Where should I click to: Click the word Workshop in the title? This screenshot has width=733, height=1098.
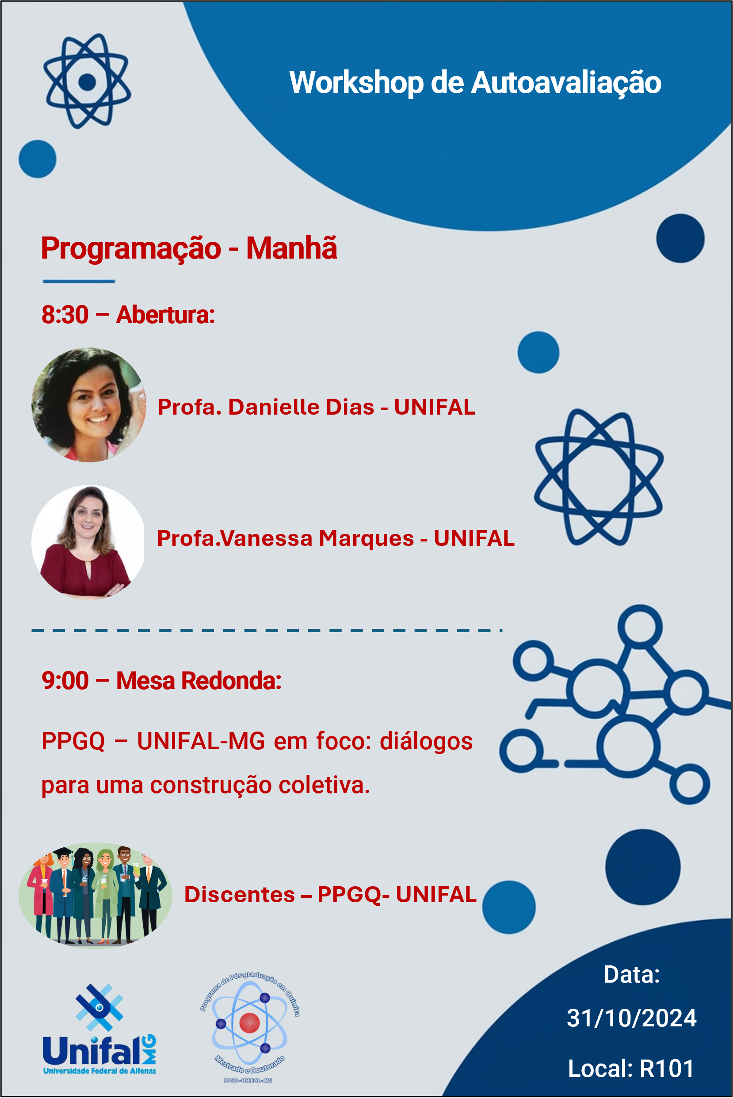tap(356, 83)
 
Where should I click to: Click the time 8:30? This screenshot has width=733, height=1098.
tap(65, 315)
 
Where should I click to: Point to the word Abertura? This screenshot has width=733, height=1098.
tap(165, 315)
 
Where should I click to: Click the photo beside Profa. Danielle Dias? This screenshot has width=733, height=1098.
tap(88, 405)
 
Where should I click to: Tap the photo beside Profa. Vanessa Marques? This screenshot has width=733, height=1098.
tap(88, 542)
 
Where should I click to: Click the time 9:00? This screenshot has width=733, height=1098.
tap(65, 681)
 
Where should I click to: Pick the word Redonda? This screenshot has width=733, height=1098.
tap(231, 681)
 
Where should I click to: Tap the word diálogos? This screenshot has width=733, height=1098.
tap(426, 741)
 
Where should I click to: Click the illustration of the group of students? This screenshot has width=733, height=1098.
tap(95, 895)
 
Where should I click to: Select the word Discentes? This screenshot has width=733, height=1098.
tap(239, 895)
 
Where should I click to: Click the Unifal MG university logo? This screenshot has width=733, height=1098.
tap(99, 1029)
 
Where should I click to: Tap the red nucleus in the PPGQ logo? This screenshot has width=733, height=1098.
tap(249, 1023)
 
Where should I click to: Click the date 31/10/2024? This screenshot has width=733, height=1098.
tap(632, 1018)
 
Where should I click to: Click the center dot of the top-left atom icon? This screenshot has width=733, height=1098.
tap(87, 82)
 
